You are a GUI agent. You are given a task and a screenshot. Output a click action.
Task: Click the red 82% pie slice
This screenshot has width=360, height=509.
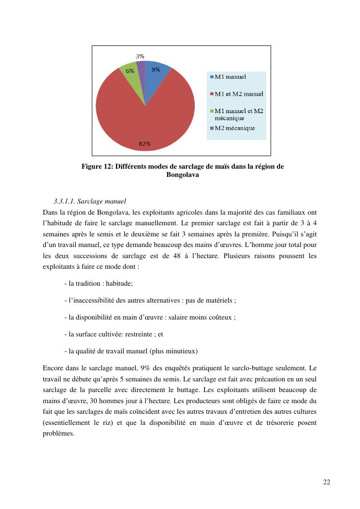pos(145,121)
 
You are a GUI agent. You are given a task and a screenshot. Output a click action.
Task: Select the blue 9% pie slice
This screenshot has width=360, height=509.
pos(156,77)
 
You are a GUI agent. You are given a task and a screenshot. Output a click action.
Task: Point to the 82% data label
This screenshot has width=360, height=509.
pos(144,144)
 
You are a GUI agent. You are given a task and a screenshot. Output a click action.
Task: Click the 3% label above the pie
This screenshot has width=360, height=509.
pos(140,56)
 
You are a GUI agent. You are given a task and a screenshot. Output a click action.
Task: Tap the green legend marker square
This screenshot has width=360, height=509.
pos(212,111)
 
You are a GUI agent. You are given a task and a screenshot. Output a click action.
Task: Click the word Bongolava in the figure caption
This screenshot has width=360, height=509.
pos(183,175)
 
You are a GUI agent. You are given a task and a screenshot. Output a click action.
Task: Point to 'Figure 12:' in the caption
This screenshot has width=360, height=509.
pos(97,167)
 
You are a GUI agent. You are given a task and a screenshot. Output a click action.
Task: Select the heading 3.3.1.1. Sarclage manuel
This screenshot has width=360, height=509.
pos(90,201)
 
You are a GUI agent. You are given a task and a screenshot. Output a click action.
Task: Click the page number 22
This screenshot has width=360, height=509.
pos(327,482)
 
